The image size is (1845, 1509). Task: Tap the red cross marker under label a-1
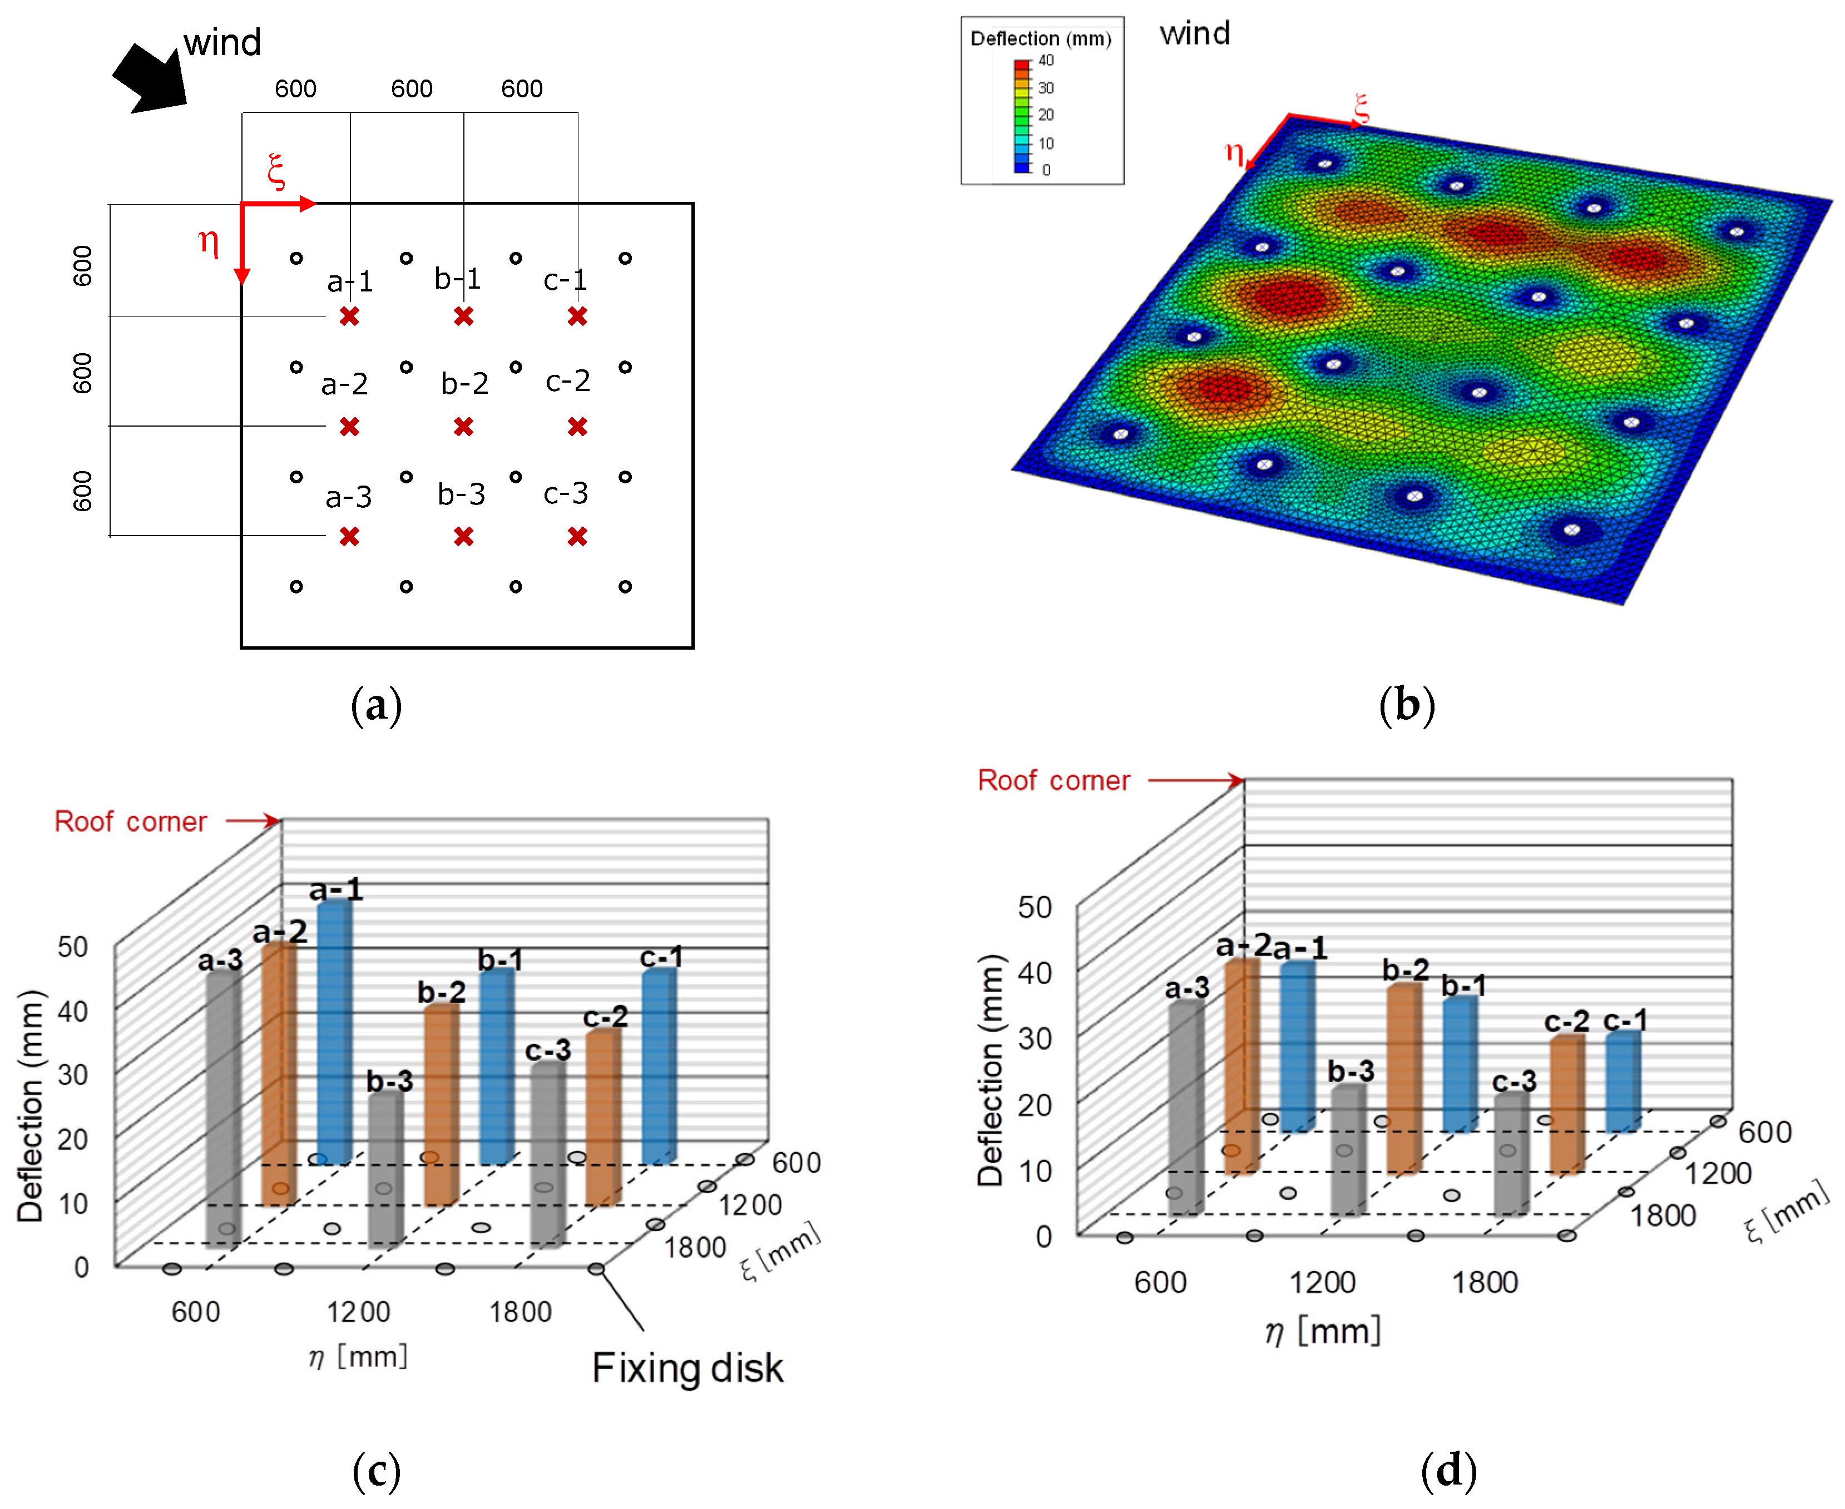(x=349, y=316)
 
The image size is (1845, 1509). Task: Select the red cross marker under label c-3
(x=577, y=536)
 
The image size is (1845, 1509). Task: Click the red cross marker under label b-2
(x=463, y=427)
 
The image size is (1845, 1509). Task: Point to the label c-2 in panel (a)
(x=567, y=381)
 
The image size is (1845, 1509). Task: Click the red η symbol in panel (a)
(x=207, y=241)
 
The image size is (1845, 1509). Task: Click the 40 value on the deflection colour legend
(x=1046, y=61)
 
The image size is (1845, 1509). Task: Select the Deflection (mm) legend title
(x=1040, y=39)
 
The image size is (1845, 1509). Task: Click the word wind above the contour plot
(x=1195, y=34)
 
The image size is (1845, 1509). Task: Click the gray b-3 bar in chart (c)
(x=385, y=1169)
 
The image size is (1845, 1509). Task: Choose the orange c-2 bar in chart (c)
(x=602, y=1117)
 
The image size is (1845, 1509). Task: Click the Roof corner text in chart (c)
(x=130, y=822)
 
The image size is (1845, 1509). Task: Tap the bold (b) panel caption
(x=1406, y=705)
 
